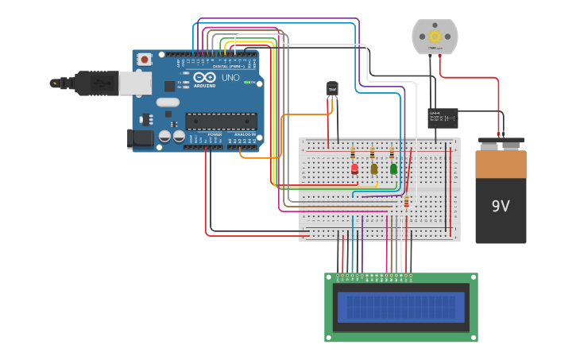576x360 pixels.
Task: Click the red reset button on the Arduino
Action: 145,59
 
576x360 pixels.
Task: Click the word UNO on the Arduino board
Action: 230,78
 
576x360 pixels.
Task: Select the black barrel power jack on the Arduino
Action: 140,138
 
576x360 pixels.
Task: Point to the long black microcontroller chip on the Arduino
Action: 221,121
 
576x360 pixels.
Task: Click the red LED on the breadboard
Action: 354,168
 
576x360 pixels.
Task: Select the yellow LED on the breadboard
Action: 374,168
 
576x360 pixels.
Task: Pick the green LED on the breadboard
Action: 393,168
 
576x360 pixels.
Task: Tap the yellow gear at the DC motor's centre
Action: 435,36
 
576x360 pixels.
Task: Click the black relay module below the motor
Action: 443,118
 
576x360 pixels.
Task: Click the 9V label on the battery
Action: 501,207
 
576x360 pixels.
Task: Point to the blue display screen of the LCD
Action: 400,307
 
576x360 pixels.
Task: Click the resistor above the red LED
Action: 354,153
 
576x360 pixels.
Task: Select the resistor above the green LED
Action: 392,153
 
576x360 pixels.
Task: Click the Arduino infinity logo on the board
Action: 203,78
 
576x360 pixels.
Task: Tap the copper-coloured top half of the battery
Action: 501,165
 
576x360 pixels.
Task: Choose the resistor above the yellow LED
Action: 373,153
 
